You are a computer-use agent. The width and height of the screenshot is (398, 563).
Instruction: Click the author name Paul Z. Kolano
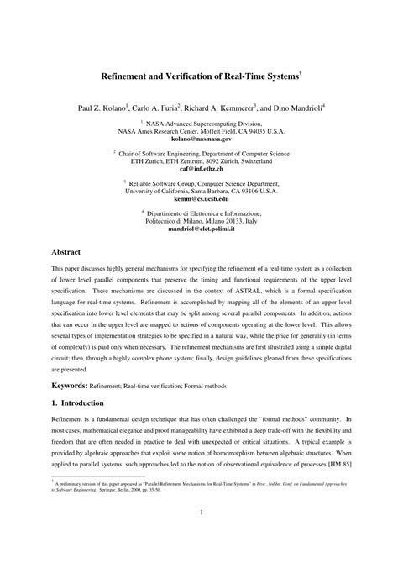click(x=103, y=108)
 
